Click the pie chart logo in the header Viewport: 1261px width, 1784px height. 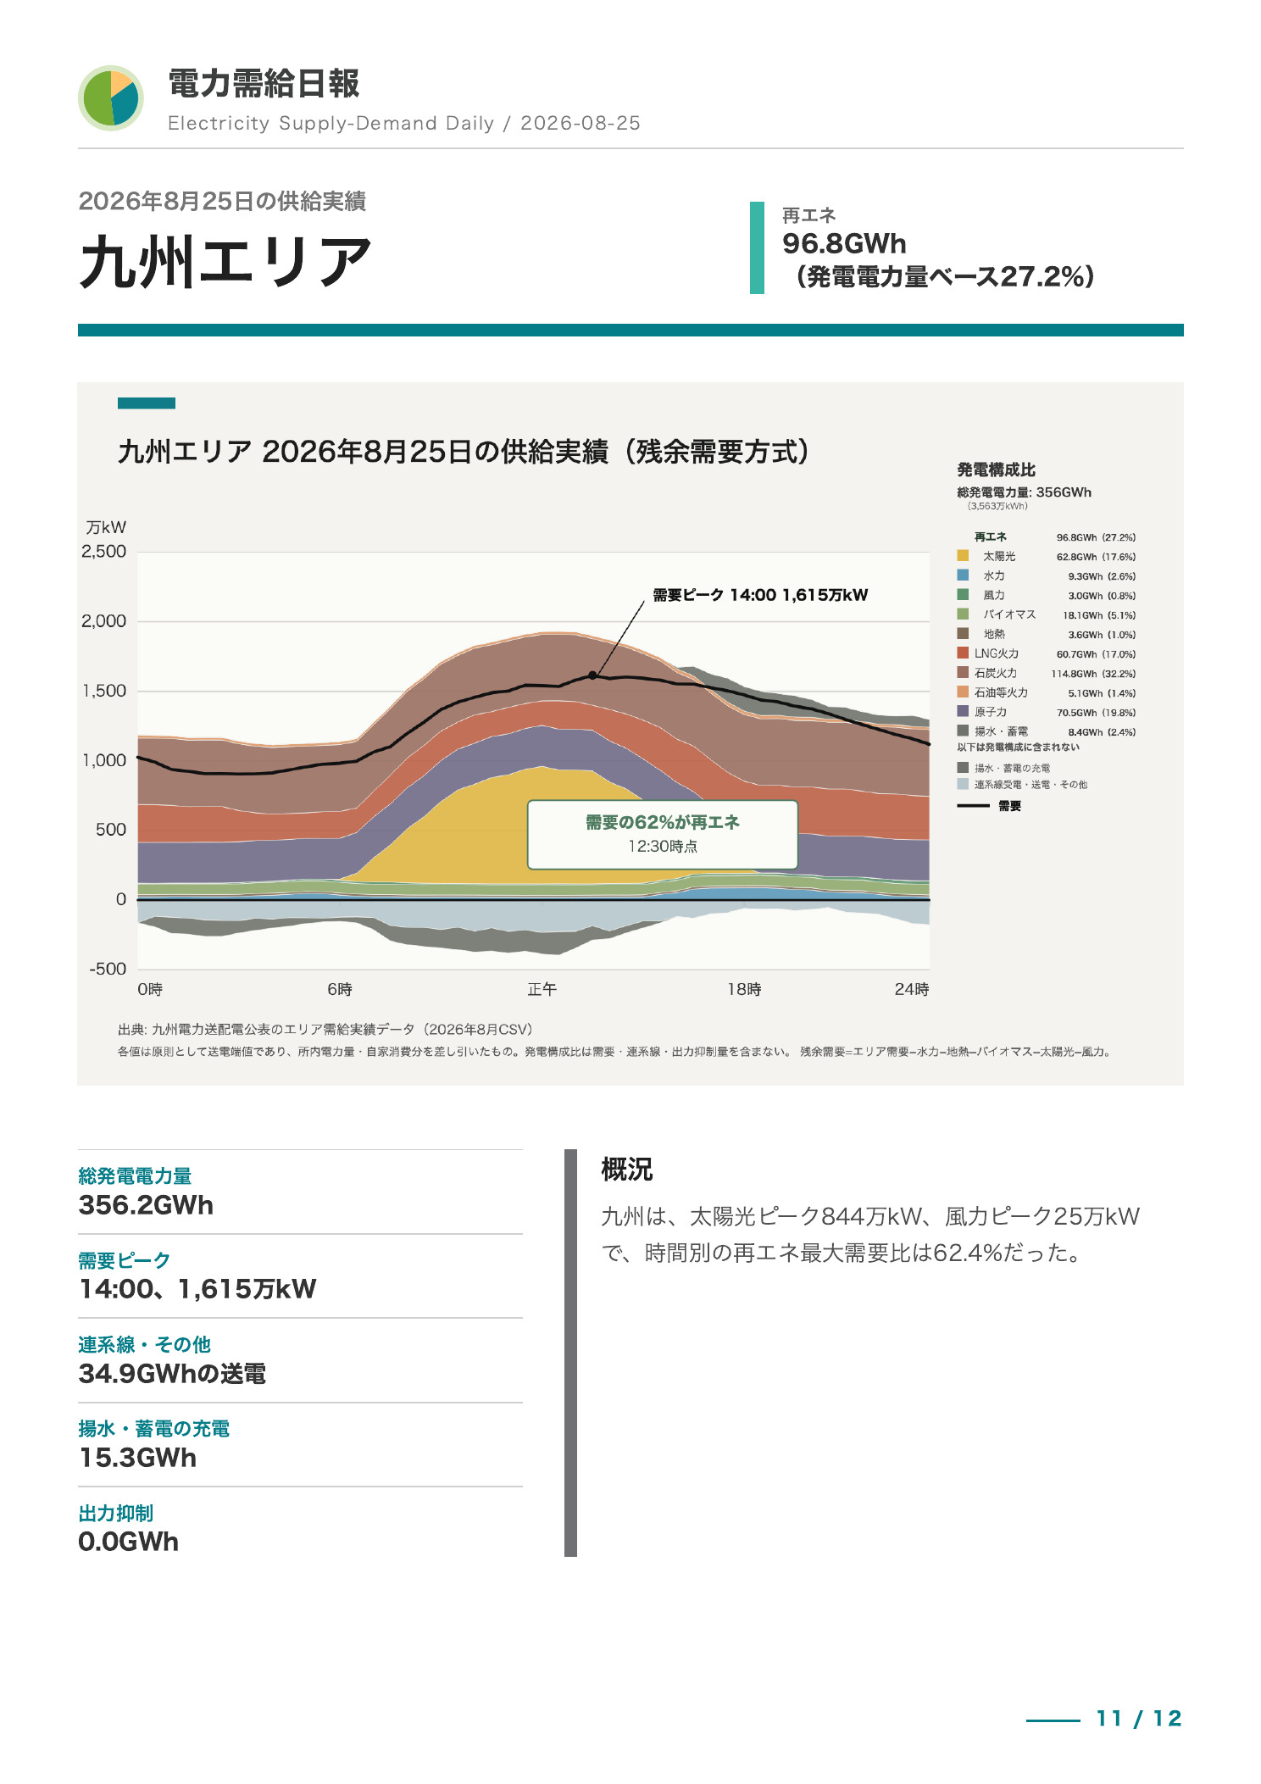coord(111,98)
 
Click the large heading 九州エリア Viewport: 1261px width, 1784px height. coord(225,262)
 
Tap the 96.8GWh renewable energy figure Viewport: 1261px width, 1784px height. coord(844,244)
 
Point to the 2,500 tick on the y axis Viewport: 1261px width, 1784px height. coord(104,552)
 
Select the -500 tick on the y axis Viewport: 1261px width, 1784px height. coord(108,969)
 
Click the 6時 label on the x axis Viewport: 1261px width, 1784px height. coord(340,989)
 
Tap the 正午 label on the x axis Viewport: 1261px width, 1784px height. coord(542,989)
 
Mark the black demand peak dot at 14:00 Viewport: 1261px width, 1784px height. coord(592,675)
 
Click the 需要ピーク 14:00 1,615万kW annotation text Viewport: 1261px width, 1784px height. coord(760,595)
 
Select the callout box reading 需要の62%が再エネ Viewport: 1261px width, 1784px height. coord(663,835)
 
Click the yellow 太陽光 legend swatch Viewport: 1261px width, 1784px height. coord(963,556)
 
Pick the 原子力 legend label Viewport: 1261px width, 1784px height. coord(991,712)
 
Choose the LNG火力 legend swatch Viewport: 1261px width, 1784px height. coord(963,653)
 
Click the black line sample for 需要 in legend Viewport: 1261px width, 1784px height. coord(973,806)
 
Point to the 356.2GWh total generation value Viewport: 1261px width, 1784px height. coord(146,1205)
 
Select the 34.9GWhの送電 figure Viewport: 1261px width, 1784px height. coord(172,1374)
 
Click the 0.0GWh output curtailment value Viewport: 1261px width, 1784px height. coord(129,1542)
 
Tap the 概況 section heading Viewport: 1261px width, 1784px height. coord(627,1170)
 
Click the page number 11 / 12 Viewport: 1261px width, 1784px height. coord(1139,1719)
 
